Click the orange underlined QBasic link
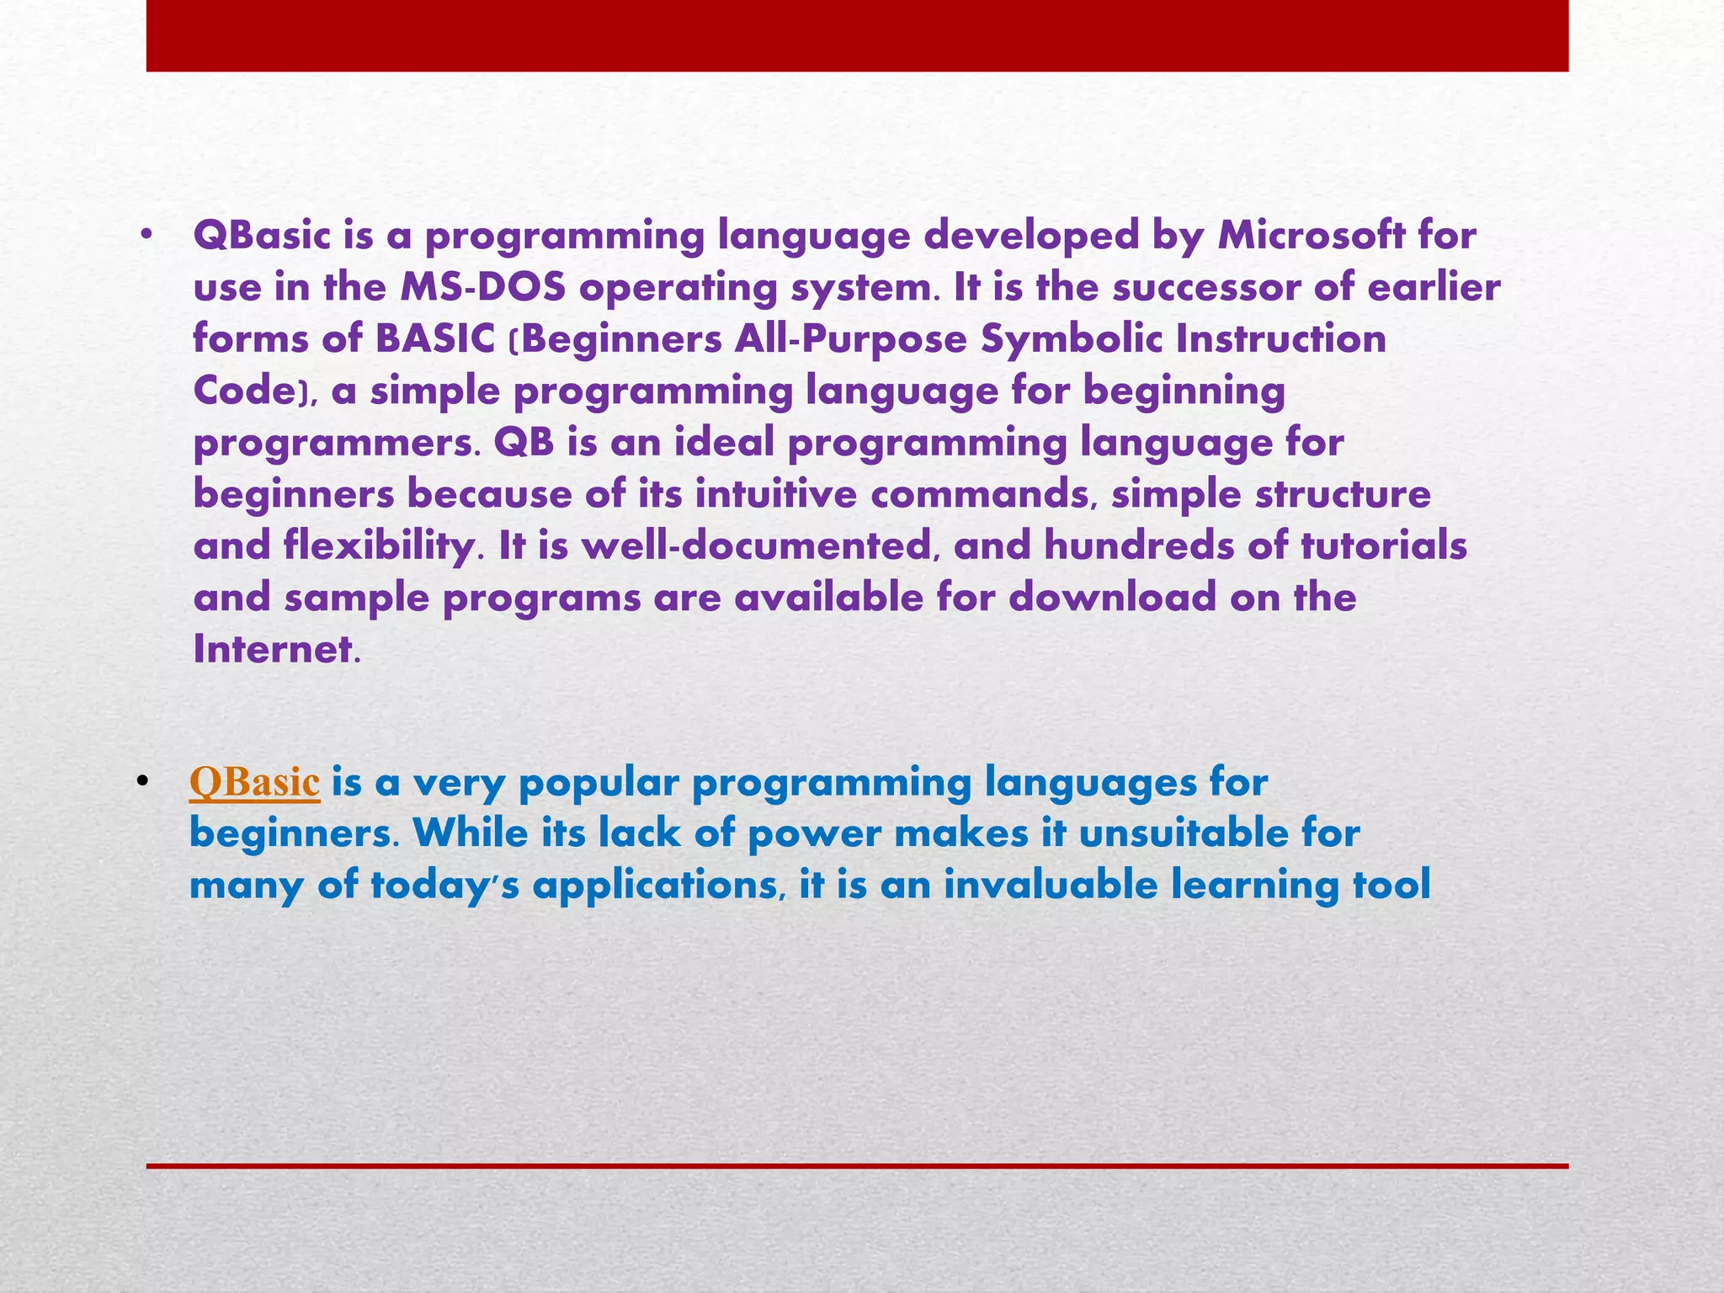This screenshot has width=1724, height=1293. pyautogui.click(x=254, y=782)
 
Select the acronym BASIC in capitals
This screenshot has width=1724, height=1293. pyautogui.click(x=434, y=339)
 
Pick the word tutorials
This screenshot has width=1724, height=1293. pyautogui.click(x=1383, y=547)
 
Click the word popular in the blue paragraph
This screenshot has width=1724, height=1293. pyautogui.click(x=597, y=783)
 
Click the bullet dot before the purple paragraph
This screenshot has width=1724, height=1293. pyautogui.click(x=147, y=238)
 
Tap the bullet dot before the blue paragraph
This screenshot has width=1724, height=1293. pyautogui.click(x=142, y=784)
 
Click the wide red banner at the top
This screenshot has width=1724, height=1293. pyautogui.click(x=857, y=35)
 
